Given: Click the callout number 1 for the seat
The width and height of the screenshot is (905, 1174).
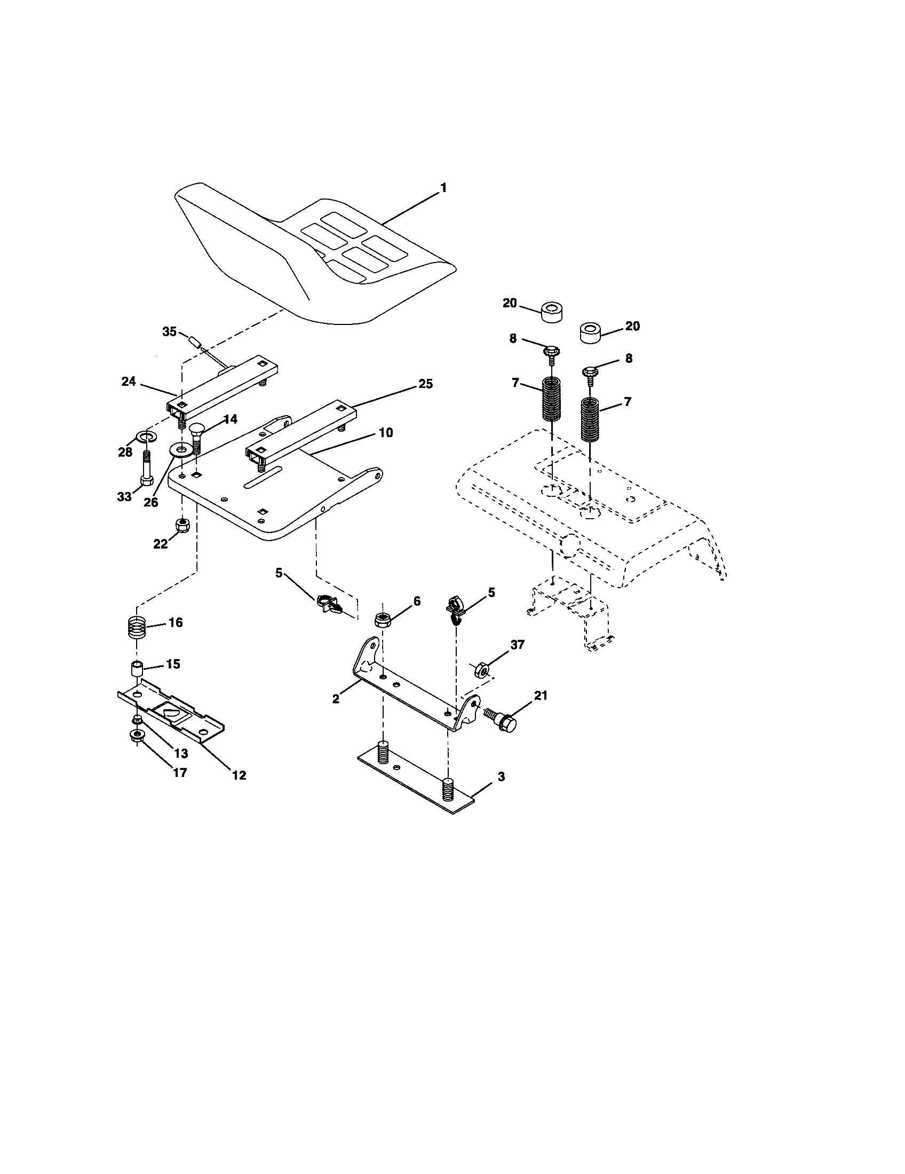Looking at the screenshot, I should (443, 188).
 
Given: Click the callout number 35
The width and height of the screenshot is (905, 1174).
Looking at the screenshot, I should (169, 332).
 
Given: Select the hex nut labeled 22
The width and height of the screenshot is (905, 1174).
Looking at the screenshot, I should (183, 523).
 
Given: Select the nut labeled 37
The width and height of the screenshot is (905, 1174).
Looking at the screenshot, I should (481, 670).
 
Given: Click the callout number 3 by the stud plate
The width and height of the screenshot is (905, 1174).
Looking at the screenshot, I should (501, 777).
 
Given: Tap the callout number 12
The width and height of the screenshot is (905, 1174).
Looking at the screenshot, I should (239, 775).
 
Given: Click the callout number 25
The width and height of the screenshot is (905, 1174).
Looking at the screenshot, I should (425, 384).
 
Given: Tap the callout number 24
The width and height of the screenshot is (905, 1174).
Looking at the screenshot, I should (129, 382).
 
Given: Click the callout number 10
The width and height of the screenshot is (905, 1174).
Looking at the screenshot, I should (385, 432).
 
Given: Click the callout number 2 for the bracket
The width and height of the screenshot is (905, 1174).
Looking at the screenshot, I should (336, 699).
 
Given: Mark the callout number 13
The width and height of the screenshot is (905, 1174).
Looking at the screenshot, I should (180, 753).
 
